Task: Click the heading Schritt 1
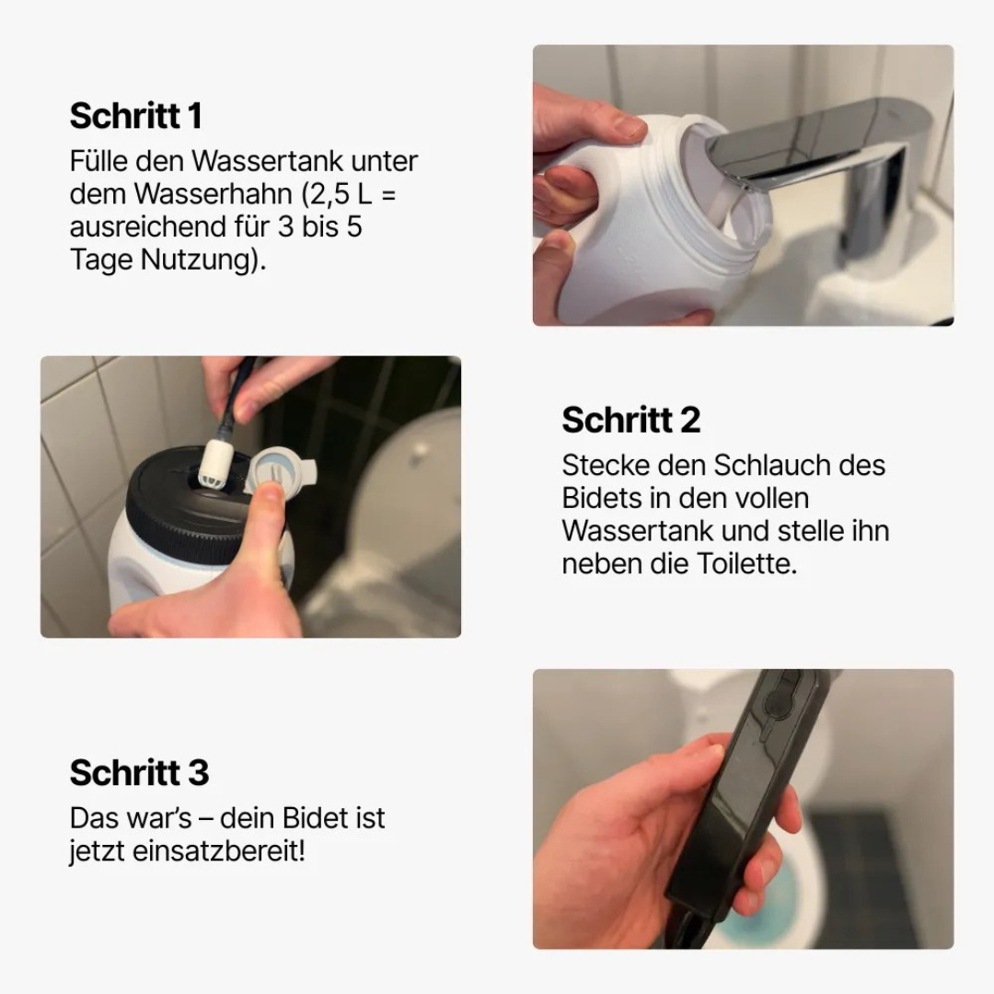[x=135, y=116]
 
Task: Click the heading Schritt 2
[x=630, y=420]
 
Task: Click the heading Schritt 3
[x=139, y=772]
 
